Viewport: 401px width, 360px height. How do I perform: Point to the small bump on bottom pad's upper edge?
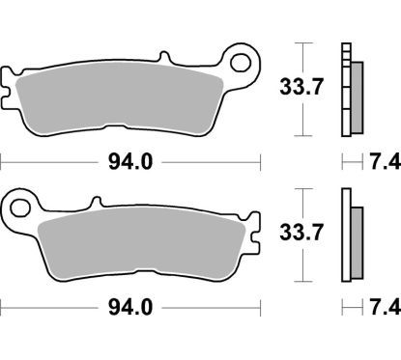click(x=96, y=203)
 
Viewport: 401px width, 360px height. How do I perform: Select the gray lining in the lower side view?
click(x=355, y=242)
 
